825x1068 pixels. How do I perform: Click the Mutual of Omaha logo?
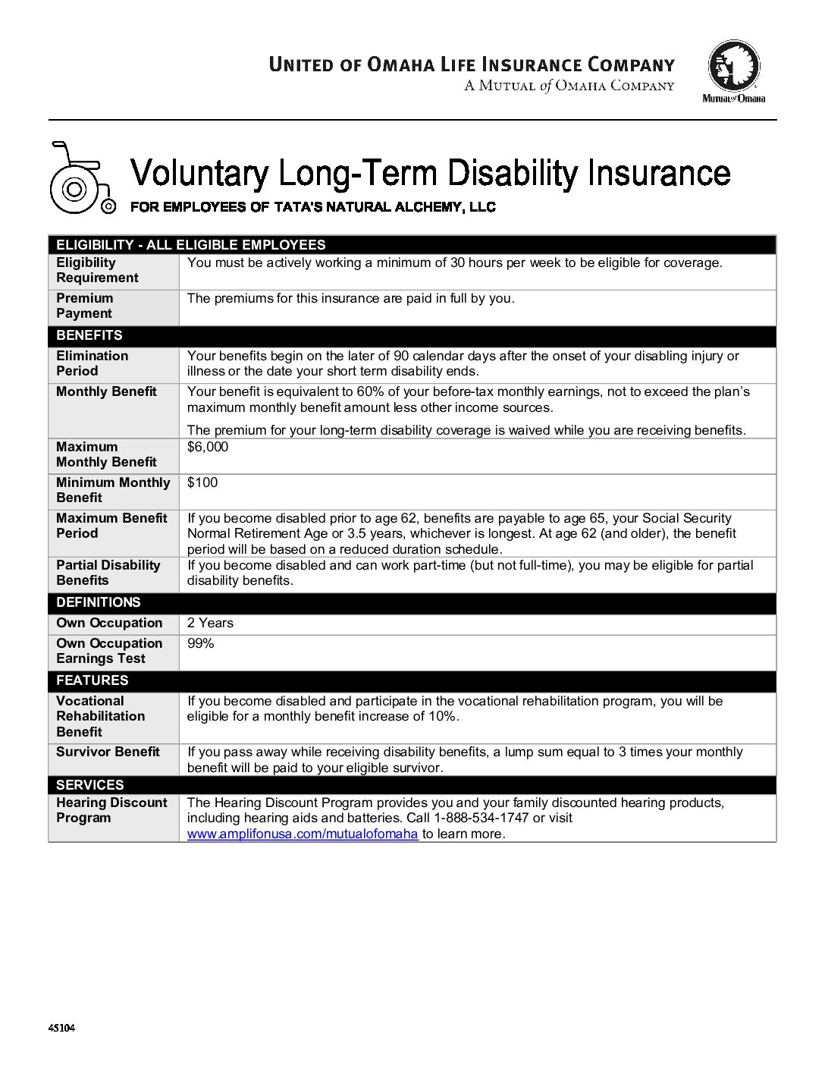coord(733,71)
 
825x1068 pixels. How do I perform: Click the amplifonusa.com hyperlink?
coord(303,834)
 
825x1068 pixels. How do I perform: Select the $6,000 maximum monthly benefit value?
coord(208,447)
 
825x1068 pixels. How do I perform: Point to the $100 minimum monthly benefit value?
coord(202,482)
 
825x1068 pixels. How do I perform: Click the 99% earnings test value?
coord(201,643)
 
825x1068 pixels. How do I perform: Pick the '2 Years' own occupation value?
coord(210,623)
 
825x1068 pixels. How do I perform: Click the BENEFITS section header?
coord(89,335)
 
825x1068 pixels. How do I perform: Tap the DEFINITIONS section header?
coord(99,602)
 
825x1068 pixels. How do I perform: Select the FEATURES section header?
coord(93,680)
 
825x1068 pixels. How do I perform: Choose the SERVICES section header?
coord(89,785)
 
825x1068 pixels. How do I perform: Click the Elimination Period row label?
coord(92,363)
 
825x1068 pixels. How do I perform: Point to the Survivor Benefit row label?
coord(108,752)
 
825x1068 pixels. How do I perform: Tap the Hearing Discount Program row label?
coord(111,810)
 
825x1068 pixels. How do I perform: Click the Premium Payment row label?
coord(84,306)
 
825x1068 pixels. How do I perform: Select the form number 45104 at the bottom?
coord(61,1029)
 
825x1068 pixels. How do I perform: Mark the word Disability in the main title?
coord(513,173)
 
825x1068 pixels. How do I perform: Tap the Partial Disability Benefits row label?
coord(108,573)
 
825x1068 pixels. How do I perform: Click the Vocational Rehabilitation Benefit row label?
coord(100,716)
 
